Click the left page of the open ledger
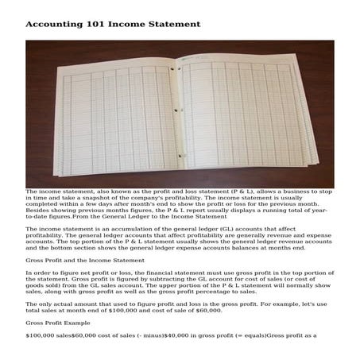[x=111, y=119]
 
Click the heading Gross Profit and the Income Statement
[x=76, y=260]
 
